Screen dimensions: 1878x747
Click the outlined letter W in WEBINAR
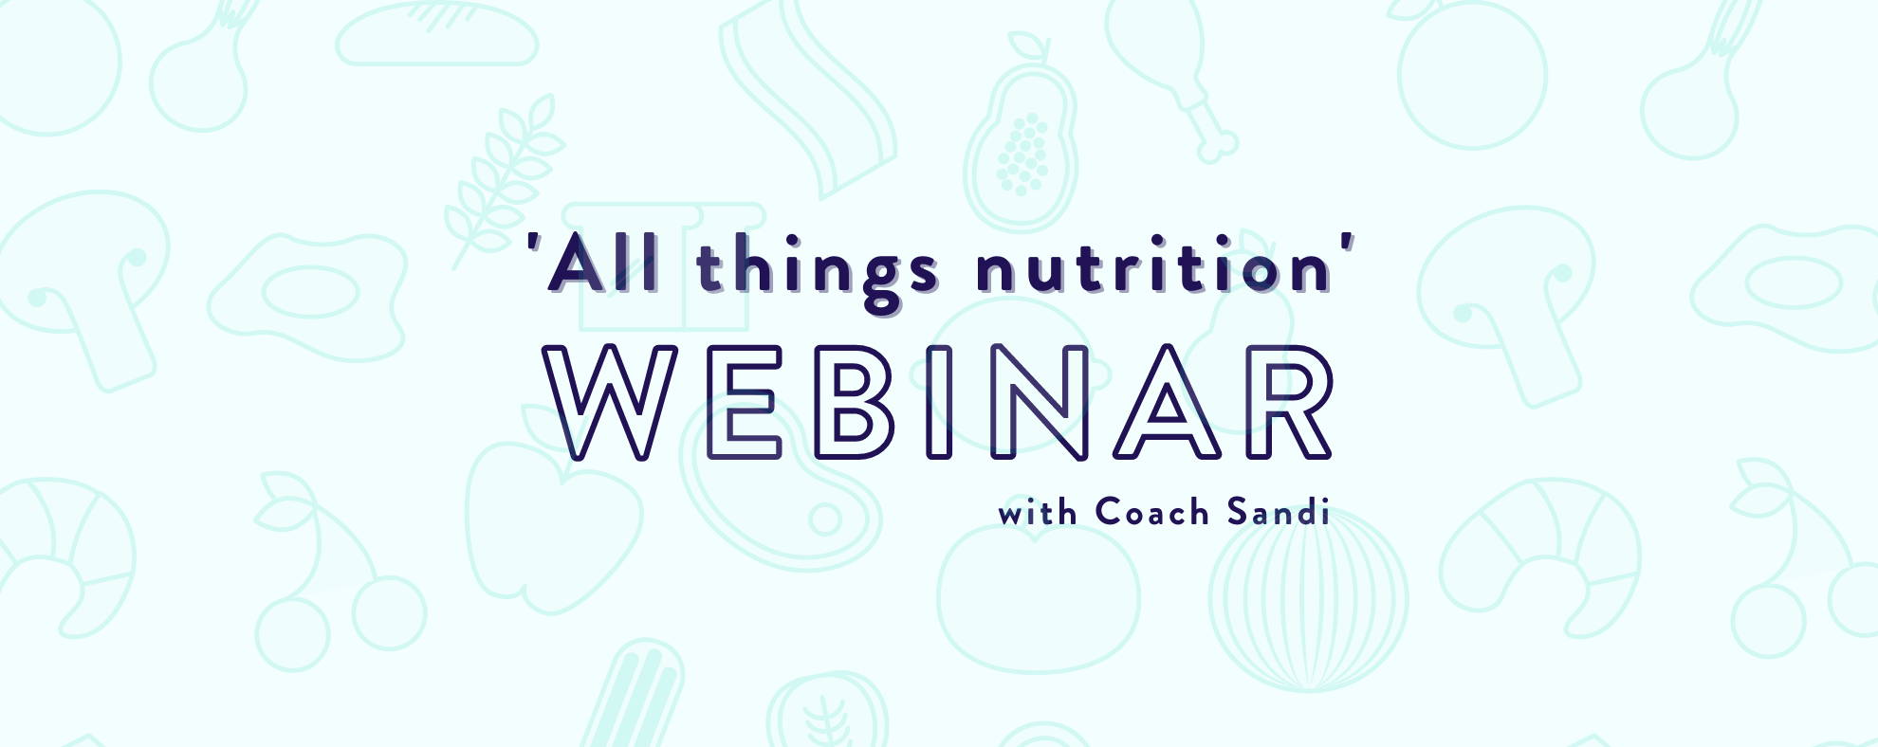(610, 403)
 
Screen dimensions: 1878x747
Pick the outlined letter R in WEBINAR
(1290, 403)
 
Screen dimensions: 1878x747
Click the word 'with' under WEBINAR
(1038, 513)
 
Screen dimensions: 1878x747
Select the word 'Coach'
(1152, 512)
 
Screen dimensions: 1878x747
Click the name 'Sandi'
(1278, 512)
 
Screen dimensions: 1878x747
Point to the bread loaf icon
(437, 34)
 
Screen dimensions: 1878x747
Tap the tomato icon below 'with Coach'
(1039, 597)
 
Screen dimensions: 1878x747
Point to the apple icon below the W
(554, 517)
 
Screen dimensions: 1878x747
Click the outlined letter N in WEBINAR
(1039, 403)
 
